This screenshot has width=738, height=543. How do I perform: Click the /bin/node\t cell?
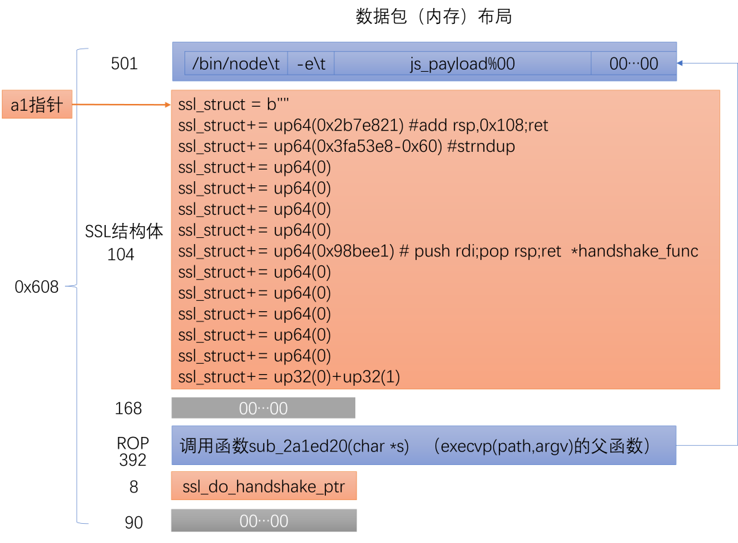pos(236,64)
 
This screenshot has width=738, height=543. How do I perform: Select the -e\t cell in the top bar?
pos(311,64)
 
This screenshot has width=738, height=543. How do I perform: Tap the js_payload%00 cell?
pos(462,64)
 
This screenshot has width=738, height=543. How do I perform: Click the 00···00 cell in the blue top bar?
pos(633,64)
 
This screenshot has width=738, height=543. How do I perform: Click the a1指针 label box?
pos(37,105)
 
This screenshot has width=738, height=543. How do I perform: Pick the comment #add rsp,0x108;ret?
pos(478,126)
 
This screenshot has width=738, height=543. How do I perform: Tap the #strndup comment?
pos(481,146)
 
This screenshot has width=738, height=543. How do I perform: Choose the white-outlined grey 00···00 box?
pos(264,408)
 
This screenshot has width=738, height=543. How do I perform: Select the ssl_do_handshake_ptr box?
pos(264,487)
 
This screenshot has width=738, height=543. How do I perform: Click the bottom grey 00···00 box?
pos(264,520)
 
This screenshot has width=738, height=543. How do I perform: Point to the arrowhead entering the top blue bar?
pos(681,62)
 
